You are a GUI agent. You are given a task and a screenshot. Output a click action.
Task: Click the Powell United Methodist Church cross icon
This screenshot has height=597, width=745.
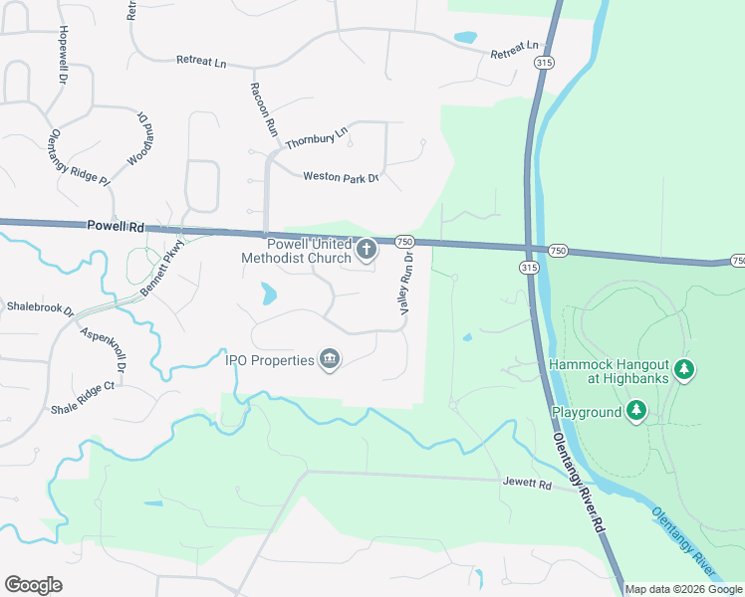pyautogui.click(x=367, y=250)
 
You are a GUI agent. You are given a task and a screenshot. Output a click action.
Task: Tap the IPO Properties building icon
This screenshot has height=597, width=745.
pyautogui.click(x=330, y=360)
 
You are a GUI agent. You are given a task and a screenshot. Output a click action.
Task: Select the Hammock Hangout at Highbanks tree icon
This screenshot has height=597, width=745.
pyautogui.click(x=683, y=371)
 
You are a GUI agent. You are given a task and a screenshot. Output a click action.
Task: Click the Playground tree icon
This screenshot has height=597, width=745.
pyautogui.click(x=636, y=410)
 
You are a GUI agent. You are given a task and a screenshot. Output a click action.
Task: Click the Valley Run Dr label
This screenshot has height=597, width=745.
pyautogui.click(x=406, y=283)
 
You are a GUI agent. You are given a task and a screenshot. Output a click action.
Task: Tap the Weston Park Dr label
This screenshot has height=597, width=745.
pyautogui.click(x=341, y=176)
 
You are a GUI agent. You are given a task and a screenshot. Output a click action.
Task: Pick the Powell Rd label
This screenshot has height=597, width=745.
pyautogui.click(x=116, y=227)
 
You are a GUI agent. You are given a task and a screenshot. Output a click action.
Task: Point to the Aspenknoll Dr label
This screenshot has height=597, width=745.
pyautogui.click(x=103, y=350)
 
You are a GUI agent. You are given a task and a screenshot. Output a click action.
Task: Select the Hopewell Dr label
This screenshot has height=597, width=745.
pyautogui.click(x=62, y=54)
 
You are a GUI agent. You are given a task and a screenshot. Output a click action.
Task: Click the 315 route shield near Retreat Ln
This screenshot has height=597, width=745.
pyautogui.click(x=543, y=62)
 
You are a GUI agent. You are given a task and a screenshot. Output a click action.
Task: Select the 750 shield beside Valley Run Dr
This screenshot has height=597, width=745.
pyautogui.click(x=404, y=242)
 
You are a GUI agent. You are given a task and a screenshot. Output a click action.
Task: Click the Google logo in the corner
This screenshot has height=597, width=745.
pyautogui.click(x=33, y=585)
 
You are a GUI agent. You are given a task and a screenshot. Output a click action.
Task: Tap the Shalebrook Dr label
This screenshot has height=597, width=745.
pyautogui.click(x=40, y=307)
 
